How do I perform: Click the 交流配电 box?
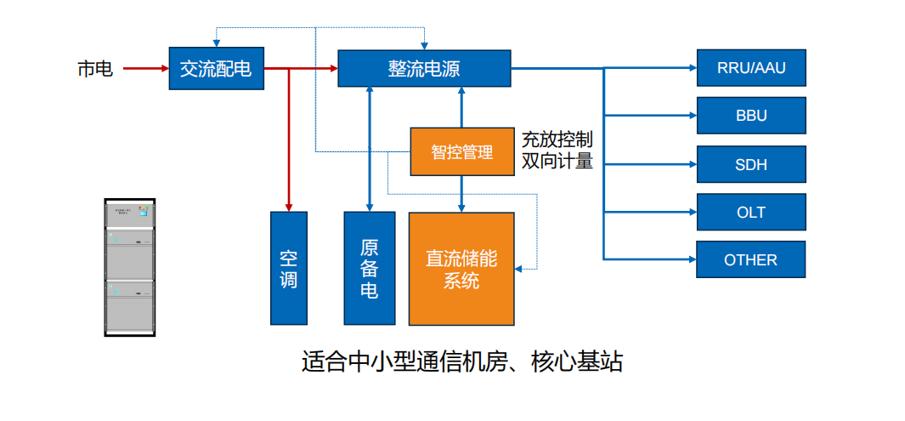point(216,68)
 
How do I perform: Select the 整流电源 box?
point(424,68)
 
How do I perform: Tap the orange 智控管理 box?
point(461,152)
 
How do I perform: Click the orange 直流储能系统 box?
point(461,269)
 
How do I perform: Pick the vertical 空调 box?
point(289,268)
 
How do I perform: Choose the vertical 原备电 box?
point(370,268)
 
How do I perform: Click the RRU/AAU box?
point(751,68)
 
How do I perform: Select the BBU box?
point(751,115)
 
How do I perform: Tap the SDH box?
point(751,163)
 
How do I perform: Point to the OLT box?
point(751,212)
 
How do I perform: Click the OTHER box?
point(751,259)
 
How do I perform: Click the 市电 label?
point(95,69)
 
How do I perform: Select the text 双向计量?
point(557,161)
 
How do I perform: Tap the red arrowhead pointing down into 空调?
point(289,207)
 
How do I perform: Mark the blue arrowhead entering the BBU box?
point(691,115)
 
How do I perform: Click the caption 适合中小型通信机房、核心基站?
point(462,361)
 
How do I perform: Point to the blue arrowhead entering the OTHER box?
point(691,259)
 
